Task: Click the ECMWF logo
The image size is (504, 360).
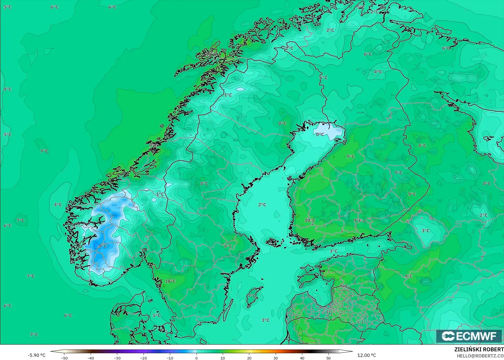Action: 469,336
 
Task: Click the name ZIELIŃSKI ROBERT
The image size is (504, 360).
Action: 479,350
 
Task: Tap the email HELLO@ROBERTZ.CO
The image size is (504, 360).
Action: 480,356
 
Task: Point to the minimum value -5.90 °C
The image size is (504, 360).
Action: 36,355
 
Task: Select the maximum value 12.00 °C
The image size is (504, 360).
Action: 367,355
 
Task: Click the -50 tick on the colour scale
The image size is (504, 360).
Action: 64,358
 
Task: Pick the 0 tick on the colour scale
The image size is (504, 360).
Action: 196,358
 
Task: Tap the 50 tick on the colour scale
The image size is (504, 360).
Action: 329,358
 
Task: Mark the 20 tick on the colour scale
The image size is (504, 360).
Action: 249,358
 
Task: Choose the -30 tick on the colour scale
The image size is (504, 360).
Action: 117,358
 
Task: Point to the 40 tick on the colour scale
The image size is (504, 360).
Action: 302,358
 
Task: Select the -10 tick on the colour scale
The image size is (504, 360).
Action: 170,358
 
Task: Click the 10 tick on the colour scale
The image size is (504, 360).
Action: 223,358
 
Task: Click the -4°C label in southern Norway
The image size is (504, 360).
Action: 102,246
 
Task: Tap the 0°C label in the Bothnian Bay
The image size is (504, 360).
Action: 320,135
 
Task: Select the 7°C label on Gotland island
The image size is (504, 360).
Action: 252,296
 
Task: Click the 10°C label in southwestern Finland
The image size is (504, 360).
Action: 310,220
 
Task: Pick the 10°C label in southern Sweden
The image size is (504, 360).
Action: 170,281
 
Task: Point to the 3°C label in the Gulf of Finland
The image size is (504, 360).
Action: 333,251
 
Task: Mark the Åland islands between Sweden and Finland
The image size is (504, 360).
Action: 273,242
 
